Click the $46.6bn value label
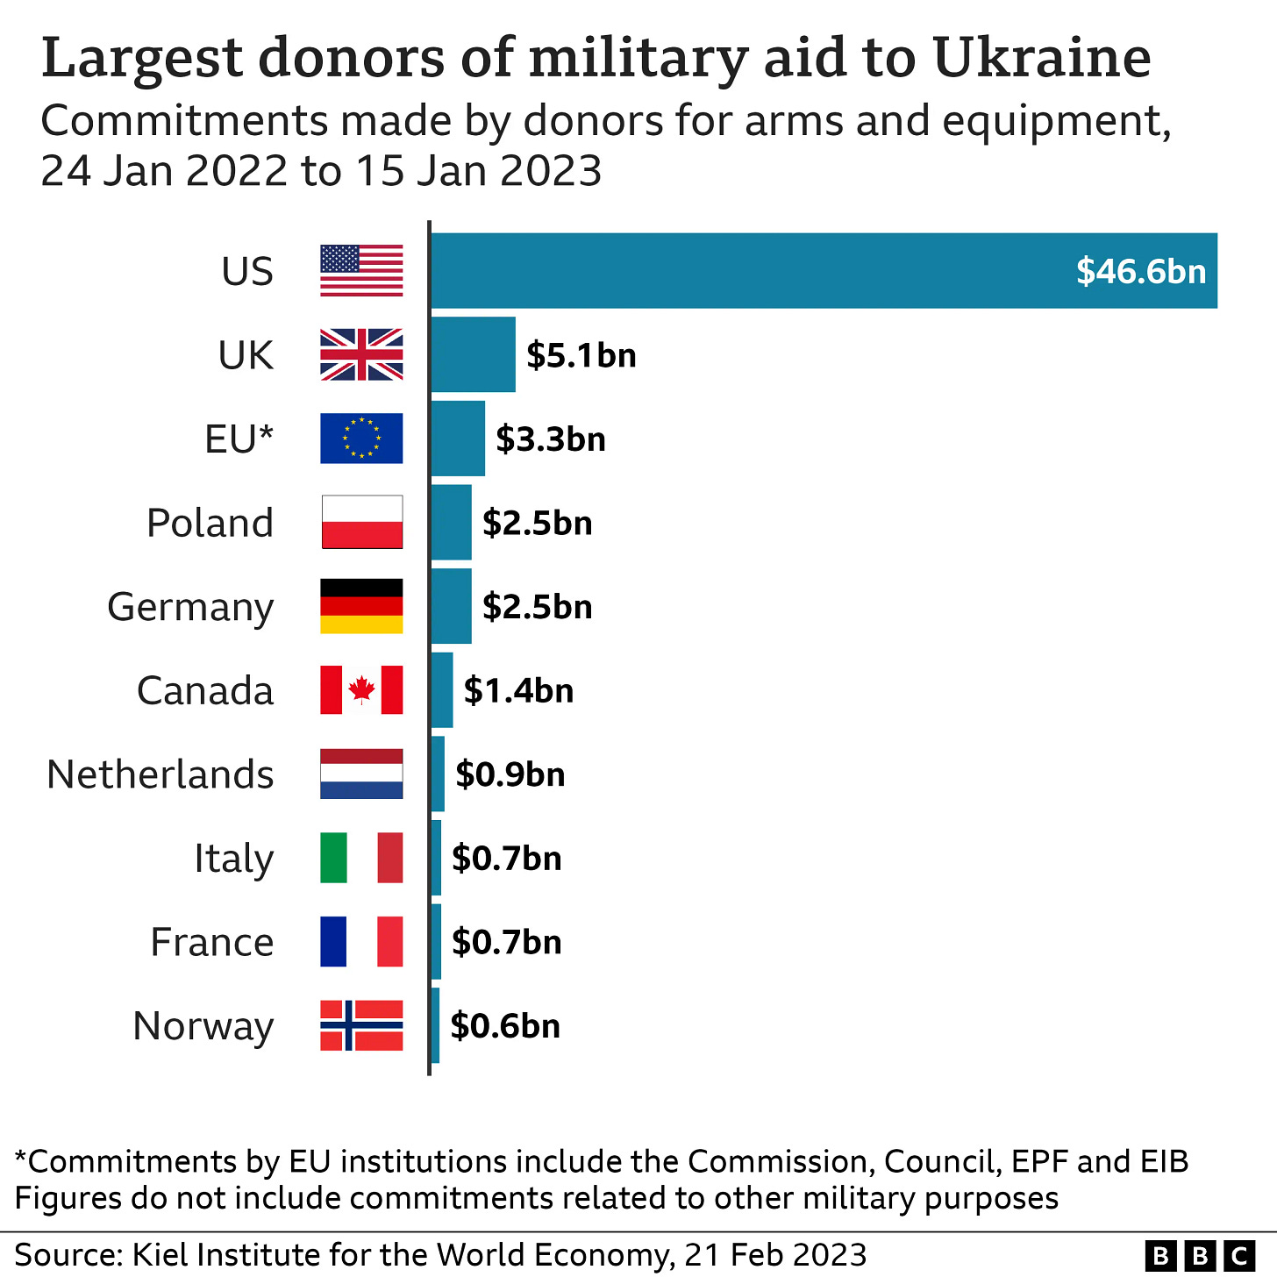(x=1141, y=271)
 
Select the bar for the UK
(x=473, y=354)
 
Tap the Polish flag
(x=361, y=522)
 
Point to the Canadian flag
(x=361, y=690)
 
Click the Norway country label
(x=203, y=1025)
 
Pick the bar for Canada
(x=442, y=690)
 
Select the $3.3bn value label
(x=551, y=439)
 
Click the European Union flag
(x=361, y=439)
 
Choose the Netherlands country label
(x=161, y=774)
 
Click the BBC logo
(x=1201, y=1256)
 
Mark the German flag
(x=361, y=606)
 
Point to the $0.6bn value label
(x=505, y=1025)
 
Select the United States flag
(x=361, y=271)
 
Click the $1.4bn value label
(x=518, y=690)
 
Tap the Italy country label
(x=233, y=858)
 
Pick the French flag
(x=361, y=942)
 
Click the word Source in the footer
(x=68, y=1255)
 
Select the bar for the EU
(x=458, y=439)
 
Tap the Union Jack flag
(x=361, y=354)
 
